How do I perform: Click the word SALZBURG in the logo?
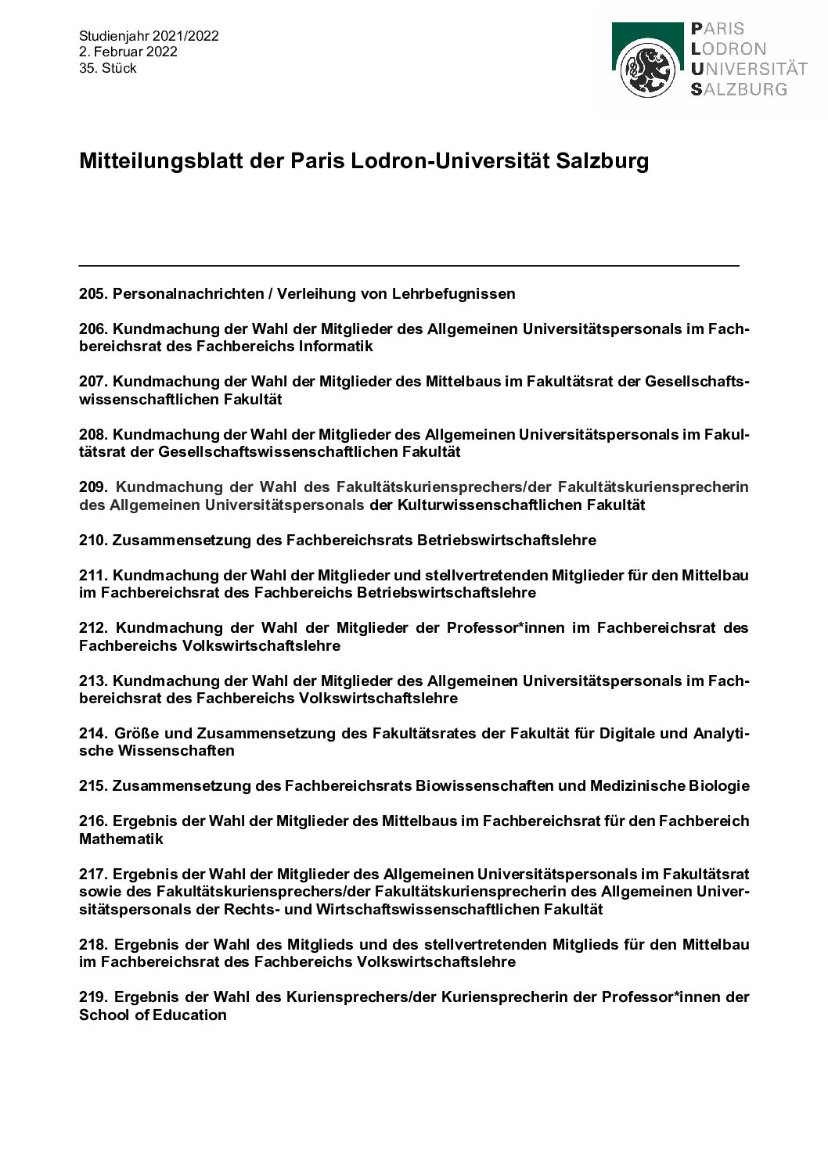tap(738, 89)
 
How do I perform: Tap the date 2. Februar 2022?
tap(128, 52)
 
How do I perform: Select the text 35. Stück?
tap(108, 68)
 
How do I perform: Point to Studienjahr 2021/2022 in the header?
tap(149, 36)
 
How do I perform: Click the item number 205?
tap(93, 294)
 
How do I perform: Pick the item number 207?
tap(93, 382)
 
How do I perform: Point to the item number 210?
tap(93, 540)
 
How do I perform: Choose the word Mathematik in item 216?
tap(121, 839)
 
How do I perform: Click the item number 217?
tap(93, 873)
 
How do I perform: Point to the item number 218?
tap(93, 944)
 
